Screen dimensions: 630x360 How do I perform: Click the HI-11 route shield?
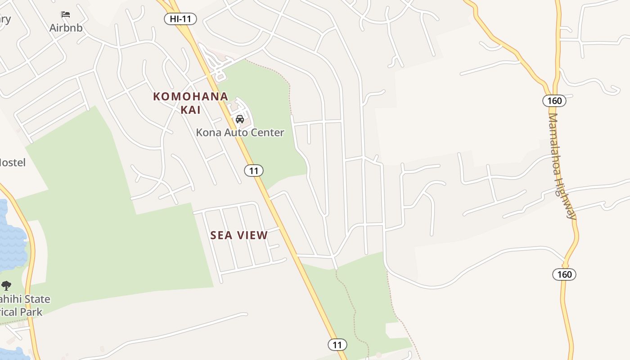(180, 19)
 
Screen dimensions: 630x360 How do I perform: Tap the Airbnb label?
(66, 28)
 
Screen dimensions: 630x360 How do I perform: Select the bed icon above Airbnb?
(66, 14)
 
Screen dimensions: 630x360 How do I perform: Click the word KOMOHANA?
(191, 97)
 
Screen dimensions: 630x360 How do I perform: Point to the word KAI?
(190, 110)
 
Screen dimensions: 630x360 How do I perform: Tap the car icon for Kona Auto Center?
(240, 119)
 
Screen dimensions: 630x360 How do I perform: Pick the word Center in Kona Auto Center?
(269, 133)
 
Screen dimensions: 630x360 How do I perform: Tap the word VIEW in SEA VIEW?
(253, 235)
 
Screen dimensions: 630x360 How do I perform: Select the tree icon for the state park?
(6, 285)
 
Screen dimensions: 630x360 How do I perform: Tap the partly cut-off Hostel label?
(13, 162)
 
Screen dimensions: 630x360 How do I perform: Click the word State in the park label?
(37, 299)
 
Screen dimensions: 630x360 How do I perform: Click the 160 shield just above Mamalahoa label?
(554, 101)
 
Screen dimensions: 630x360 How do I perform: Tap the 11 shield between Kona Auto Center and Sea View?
(254, 171)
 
